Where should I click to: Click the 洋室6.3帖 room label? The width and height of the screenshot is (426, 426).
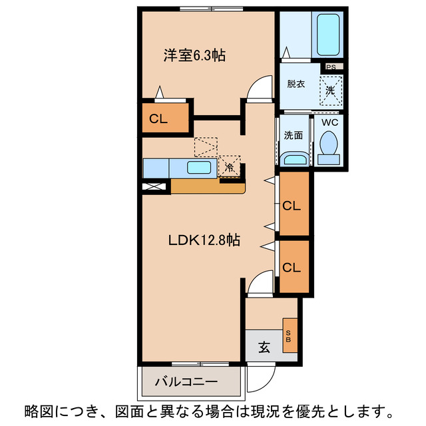[x=194, y=56]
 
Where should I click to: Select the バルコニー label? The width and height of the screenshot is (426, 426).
[x=186, y=382]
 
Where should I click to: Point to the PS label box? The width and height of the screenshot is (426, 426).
[x=330, y=67]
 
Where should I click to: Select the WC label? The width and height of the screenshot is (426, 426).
[x=330, y=122]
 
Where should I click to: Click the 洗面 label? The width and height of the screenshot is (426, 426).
[x=294, y=134]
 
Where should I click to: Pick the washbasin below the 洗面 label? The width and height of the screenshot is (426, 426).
[x=294, y=158]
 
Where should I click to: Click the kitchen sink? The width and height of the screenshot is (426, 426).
[x=198, y=168]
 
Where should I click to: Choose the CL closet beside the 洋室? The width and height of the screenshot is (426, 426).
[x=158, y=119]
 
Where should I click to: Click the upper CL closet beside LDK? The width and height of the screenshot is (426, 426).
[x=292, y=205]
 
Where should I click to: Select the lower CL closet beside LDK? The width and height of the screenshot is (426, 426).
[x=292, y=268]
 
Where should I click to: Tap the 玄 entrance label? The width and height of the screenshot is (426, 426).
[x=264, y=346]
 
